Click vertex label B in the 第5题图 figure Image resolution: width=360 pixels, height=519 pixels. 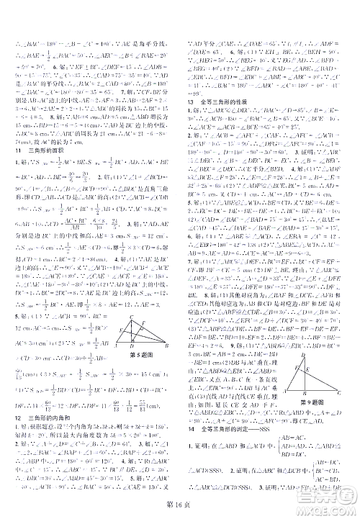[x=167, y=345]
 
